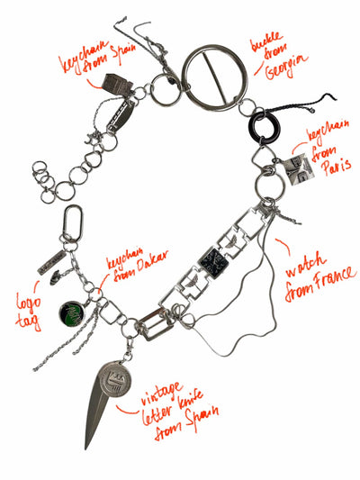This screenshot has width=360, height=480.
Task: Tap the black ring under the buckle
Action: tap(266, 129)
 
